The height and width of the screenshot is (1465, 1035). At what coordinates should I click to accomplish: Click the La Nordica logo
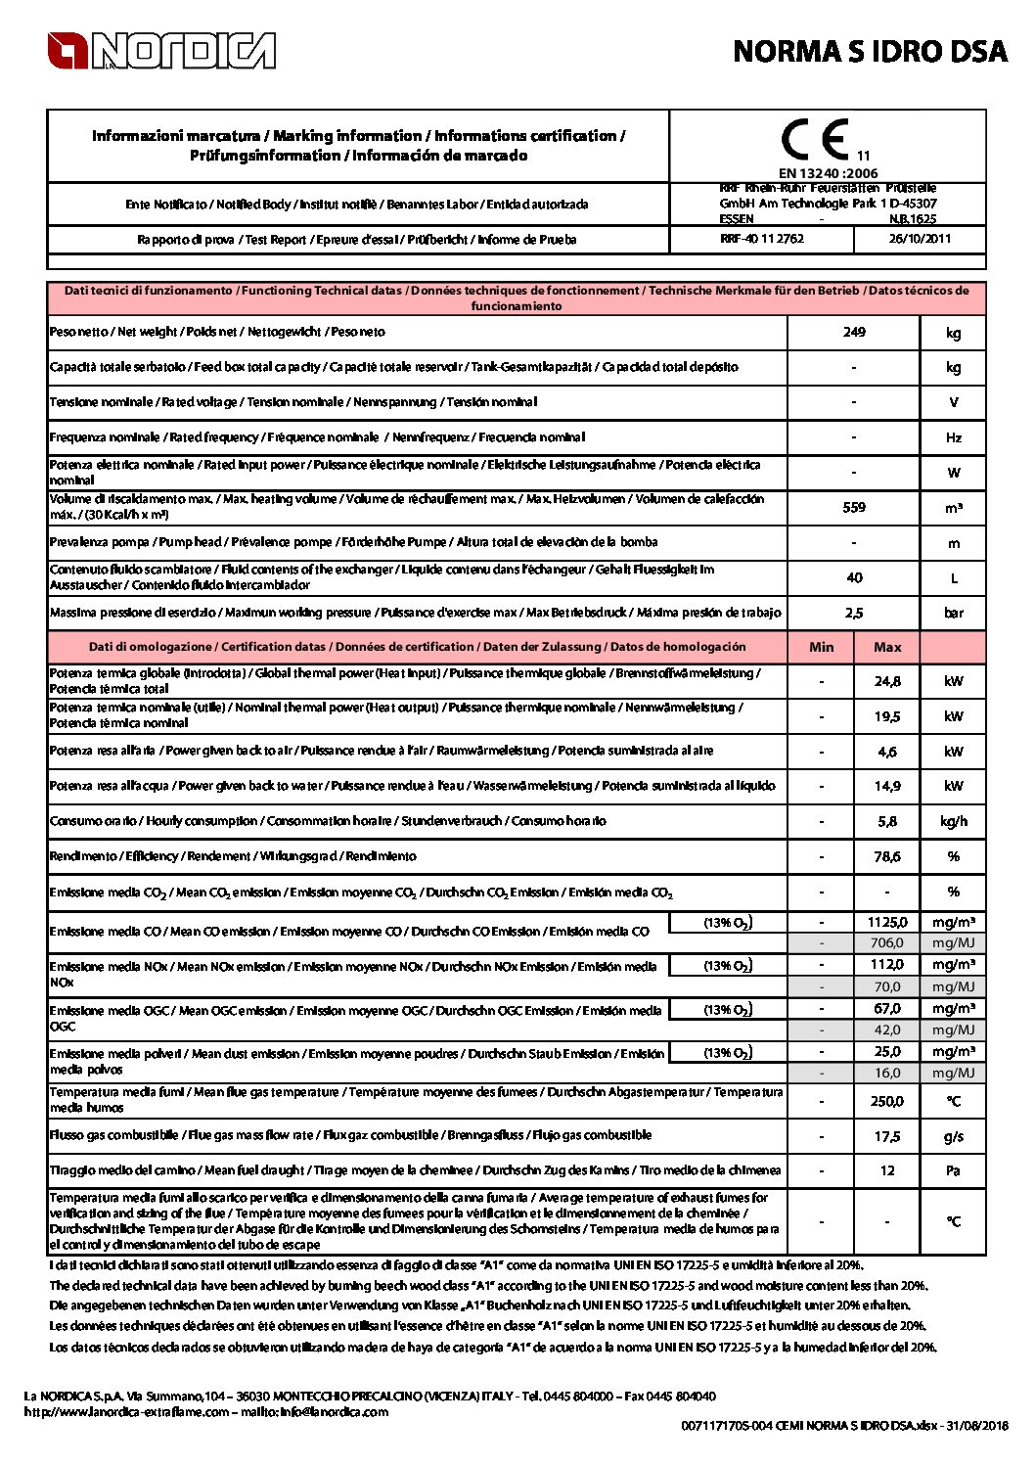[161, 51]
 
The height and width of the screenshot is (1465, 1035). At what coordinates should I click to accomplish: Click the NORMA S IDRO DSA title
[870, 52]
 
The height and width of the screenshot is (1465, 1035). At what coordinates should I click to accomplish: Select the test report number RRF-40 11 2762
[762, 239]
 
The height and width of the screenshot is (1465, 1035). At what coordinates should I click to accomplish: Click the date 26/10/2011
[919, 239]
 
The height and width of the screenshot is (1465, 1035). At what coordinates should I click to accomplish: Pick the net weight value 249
[854, 332]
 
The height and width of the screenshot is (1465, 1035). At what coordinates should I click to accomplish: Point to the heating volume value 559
[854, 507]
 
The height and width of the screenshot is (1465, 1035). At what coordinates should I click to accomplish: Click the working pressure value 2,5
[854, 613]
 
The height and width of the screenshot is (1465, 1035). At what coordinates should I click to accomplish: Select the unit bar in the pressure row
[954, 613]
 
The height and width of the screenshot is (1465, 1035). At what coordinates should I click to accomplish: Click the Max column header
[887, 647]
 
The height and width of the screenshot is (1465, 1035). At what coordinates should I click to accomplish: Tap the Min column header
[822, 647]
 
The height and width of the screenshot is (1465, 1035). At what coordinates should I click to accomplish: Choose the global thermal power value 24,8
[887, 681]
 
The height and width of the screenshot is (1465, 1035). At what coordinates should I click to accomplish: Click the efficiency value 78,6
[887, 856]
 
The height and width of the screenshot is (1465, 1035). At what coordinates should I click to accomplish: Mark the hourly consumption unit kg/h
[954, 821]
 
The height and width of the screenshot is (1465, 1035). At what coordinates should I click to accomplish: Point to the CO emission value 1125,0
[887, 922]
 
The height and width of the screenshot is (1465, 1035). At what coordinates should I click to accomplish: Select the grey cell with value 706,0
[887, 942]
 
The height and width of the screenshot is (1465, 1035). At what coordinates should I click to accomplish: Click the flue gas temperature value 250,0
[887, 1101]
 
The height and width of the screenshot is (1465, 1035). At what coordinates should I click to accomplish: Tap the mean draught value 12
[887, 1170]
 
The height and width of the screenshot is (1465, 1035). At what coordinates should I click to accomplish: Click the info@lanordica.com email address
[335, 1411]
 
